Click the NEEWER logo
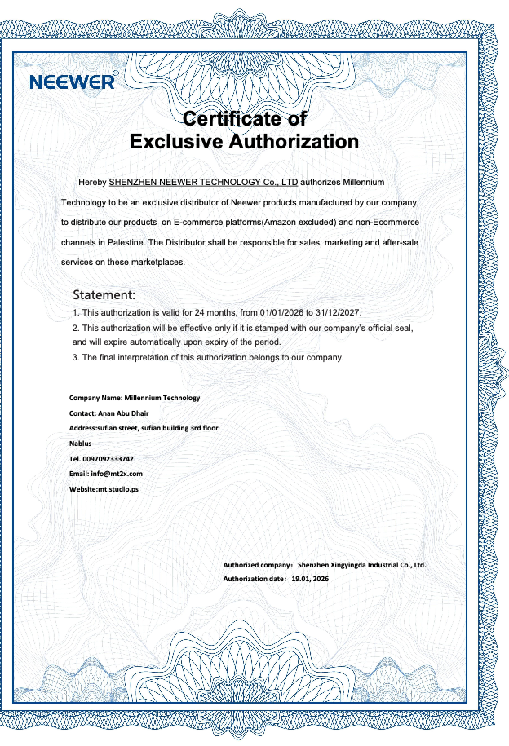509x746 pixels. (x=72, y=82)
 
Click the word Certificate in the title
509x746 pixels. (x=232, y=118)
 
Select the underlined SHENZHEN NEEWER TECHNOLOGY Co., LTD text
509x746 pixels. (x=203, y=180)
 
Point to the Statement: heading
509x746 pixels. (x=104, y=294)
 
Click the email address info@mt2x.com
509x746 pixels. (x=117, y=474)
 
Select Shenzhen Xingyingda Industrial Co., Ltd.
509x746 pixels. (x=361, y=563)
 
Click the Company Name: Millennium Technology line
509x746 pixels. (x=135, y=398)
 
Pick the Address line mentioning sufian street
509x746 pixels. (x=144, y=428)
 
